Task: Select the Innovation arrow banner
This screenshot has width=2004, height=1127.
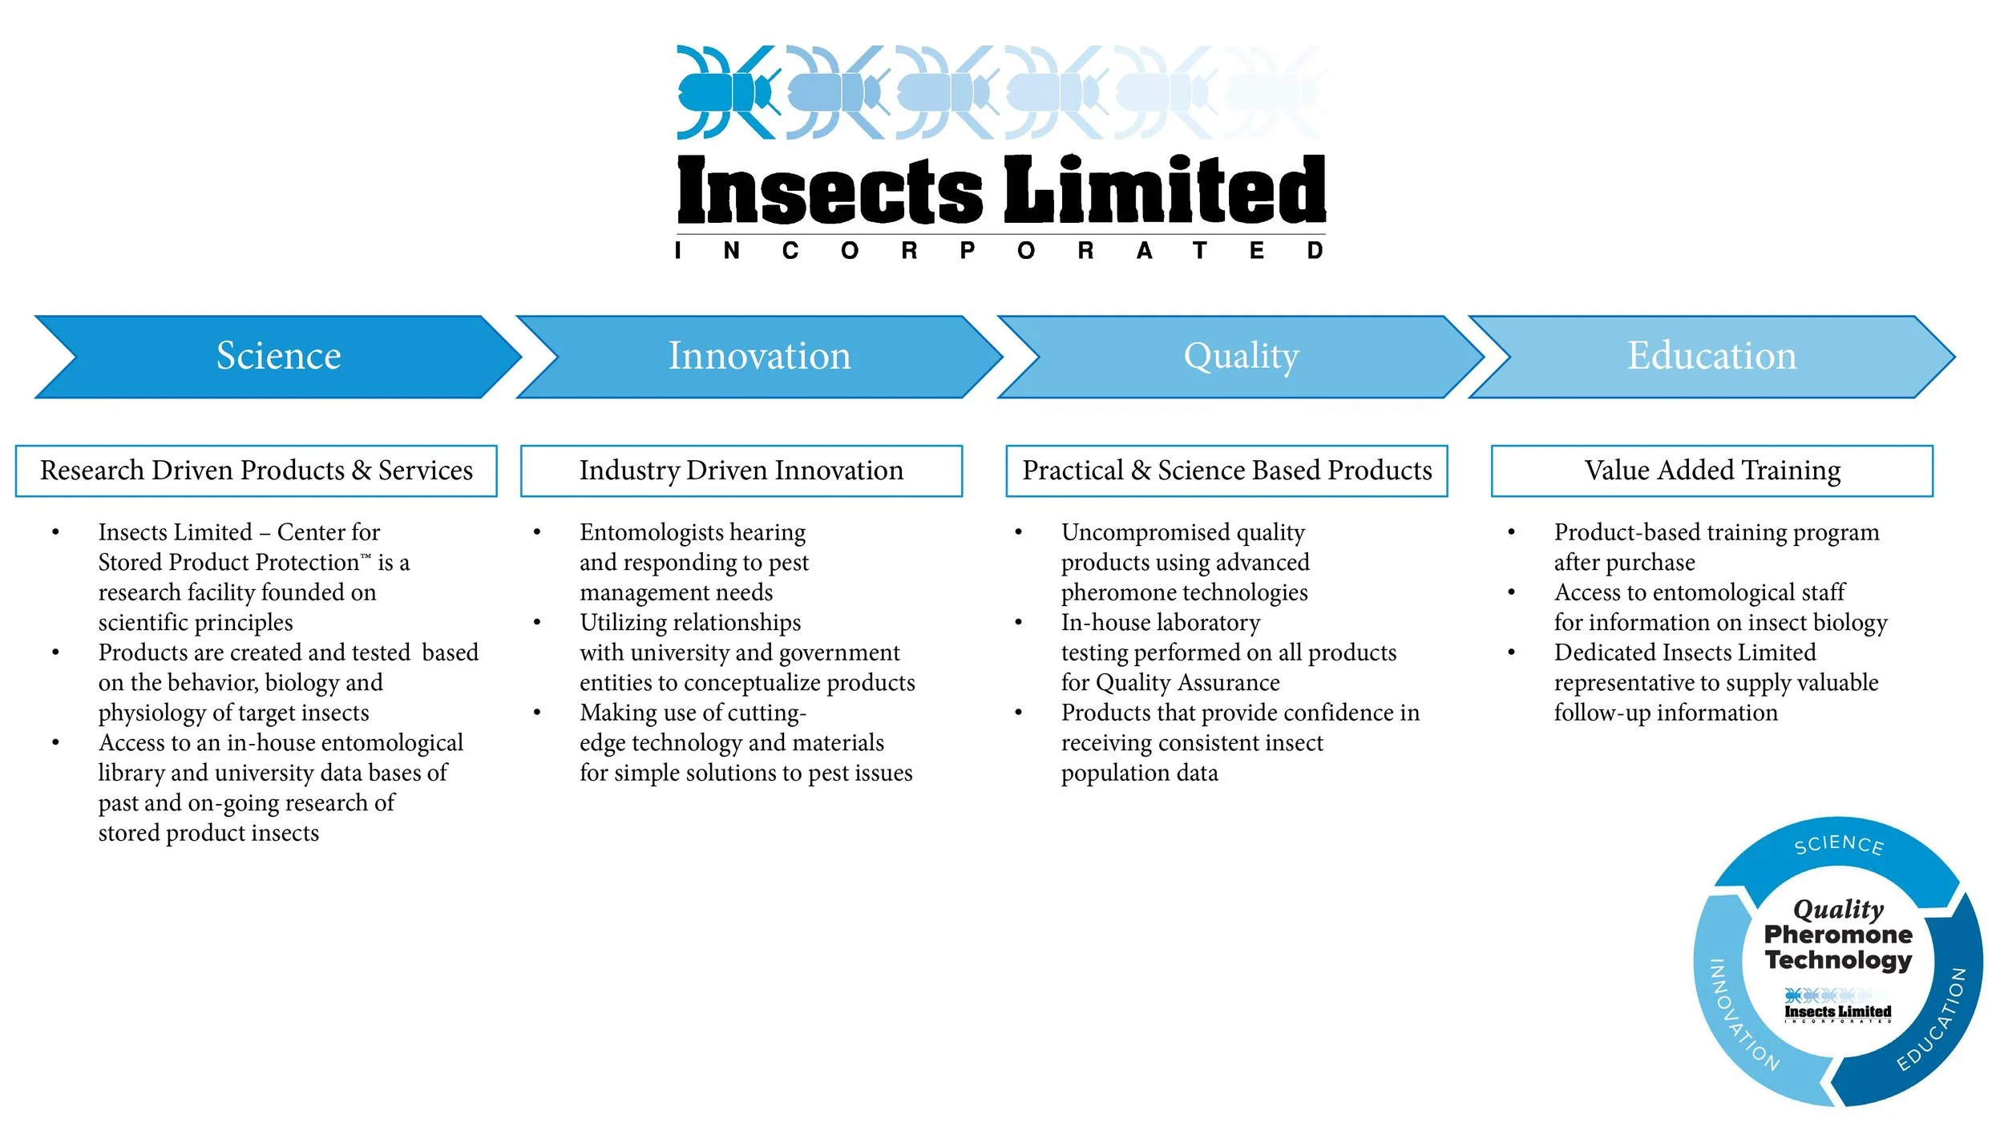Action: tap(759, 357)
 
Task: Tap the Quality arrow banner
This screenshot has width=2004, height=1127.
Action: tap(1241, 357)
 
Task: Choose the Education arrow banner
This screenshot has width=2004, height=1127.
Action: tap(1711, 357)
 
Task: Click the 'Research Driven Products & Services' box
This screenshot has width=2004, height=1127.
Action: tap(256, 471)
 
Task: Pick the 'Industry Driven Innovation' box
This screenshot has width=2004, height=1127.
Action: tap(741, 471)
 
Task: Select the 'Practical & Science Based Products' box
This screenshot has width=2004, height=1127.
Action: tap(1226, 471)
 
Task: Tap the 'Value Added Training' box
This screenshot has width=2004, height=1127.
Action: tap(1711, 471)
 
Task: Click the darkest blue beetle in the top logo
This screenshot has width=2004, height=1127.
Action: tap(725, 92)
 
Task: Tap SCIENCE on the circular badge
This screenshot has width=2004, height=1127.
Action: tap(1838, 845)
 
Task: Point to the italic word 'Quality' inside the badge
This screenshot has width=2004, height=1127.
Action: tap(1838, 909)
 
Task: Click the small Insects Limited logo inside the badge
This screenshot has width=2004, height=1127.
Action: tap(1837, 1007)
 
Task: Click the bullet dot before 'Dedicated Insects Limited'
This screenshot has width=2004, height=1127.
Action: tap(1511, 652)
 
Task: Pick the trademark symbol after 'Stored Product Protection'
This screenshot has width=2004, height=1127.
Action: tap(366, 556)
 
